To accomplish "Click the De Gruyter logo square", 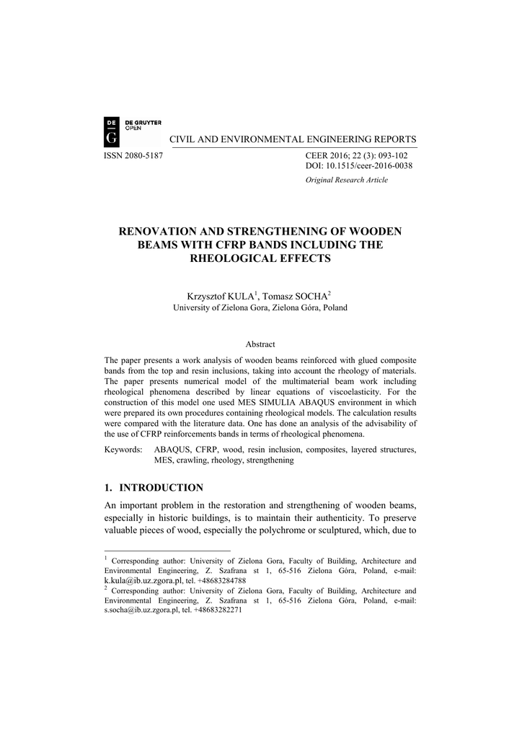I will coord(114,131).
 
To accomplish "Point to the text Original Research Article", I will coord(347,180).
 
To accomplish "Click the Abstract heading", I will coord(260,344).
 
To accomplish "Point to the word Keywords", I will coord(123,450).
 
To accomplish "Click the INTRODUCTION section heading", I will coord(161,488).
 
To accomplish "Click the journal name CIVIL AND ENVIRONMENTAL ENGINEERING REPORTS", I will coord(292,139).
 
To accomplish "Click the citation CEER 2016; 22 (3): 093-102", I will coord(356,156).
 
